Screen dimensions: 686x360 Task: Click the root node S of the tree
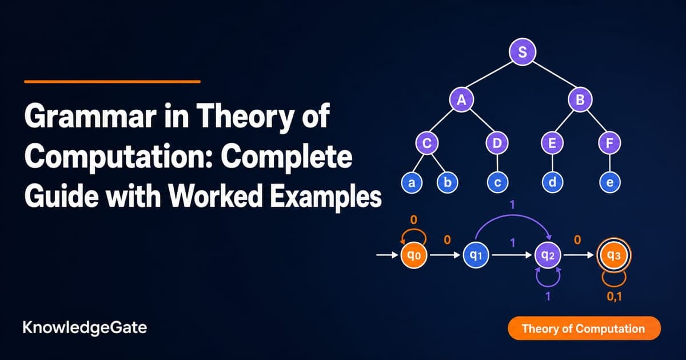pos(523,52)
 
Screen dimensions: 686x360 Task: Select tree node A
pos(461,99)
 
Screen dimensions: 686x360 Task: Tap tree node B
pos(580,99)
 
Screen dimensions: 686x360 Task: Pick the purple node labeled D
pos(497,143)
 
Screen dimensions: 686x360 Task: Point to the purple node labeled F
pos(610,143)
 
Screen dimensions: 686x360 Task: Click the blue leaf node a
pos(412,182)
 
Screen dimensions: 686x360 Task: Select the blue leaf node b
pos(448,182)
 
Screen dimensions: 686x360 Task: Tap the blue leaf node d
pos(552,182)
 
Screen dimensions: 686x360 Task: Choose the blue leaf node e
pos(610,182)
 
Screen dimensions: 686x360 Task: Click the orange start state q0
pos(414,255)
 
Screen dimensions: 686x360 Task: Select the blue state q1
pos(476,255)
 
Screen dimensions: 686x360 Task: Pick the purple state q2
pos(548,255)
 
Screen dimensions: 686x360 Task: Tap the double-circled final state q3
pos(614,255)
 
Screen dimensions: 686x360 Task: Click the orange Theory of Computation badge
pos(584,329)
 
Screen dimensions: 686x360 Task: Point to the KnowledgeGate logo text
pos(85,328)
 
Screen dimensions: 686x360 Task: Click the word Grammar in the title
pos(90,117)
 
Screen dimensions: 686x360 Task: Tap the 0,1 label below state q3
pos(615,297)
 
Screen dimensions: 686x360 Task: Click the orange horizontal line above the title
pos(113,82)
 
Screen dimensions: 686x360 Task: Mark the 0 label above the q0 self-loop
pos(413,220)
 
